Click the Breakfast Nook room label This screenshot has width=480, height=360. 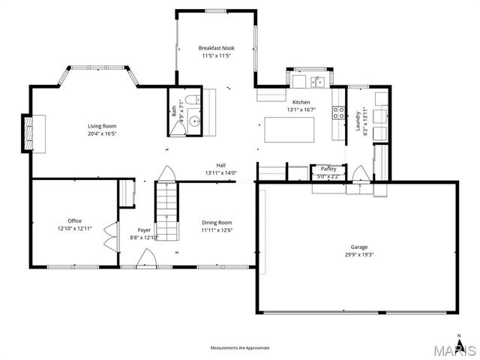[x=216, y=46]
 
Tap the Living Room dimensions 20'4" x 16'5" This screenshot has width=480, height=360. [x=103, y=133]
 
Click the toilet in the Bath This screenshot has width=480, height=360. [x=192, y=100]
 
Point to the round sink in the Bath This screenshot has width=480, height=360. [x=195, y=120]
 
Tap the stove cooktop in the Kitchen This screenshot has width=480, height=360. [x=339, y=115]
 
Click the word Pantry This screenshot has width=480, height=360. [x=328, y=169]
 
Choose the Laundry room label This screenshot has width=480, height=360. [x=358, y=120]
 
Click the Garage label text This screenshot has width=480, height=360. [x=359, y=247]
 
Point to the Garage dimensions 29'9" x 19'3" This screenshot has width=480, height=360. [x=359, y=254]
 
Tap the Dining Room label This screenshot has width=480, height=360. [x=216, y=222]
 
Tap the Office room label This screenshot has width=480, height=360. [x=75, y=220]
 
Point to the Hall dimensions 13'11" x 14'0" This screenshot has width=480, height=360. [x=221, y=173]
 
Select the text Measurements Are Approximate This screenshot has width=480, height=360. [x=239, y=347]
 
